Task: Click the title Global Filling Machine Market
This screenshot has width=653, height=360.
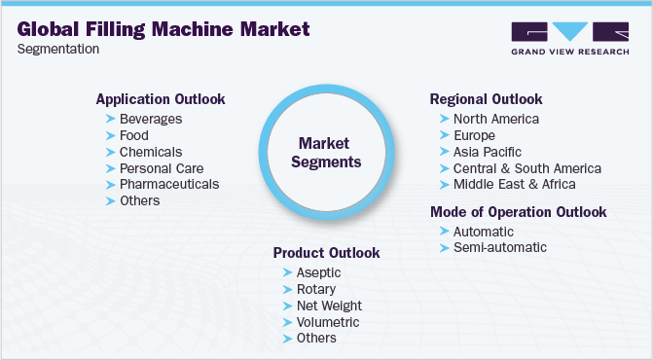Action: (163, 29)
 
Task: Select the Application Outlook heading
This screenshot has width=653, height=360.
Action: (160, 99)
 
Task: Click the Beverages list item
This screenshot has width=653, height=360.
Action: (151, 119)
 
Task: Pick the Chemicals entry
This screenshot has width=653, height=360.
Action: (151, 152)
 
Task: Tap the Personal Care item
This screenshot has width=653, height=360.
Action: (162, 167)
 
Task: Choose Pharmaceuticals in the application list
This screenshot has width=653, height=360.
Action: (169, 184)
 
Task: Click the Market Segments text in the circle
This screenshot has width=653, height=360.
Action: (328, 152)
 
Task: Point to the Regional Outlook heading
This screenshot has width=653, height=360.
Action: (487, 99)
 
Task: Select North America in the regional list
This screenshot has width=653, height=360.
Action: (495, 119)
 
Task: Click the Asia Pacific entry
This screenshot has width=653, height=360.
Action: (487, 152)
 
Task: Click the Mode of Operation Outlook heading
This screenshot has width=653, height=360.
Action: (519, 212)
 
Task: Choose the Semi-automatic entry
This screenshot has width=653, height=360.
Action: (499, 247)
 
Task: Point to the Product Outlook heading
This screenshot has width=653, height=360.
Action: (326, 253)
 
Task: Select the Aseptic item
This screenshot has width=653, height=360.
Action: (316, 272)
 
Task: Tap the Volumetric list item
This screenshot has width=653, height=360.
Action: (328, 322)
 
